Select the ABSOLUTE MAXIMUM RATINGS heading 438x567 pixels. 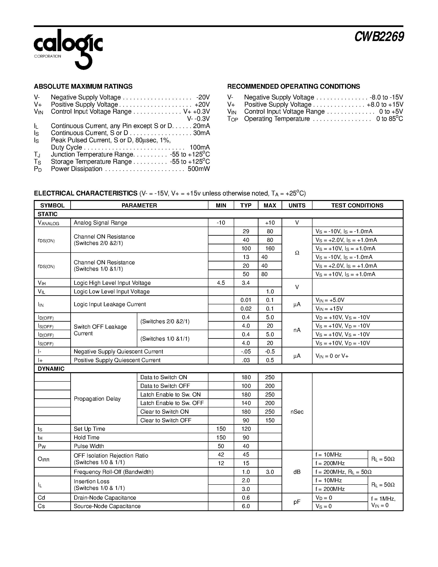pyautogui.click(x=83, y=86)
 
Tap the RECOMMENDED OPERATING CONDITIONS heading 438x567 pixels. pyautogui.click(x=294, y=86)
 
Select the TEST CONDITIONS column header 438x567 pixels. pyautogui.click(x=357, y=205)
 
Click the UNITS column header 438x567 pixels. pyautogui.click(x=297, y=205)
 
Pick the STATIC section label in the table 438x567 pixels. pyautogui.click(x=47, y=214)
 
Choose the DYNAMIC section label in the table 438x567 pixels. pyautogui.click(x=51, y=369)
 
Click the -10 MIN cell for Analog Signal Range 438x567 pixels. pyautogui.click(x=221, y=223)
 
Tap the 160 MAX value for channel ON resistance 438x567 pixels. pyautogui.click(x=270, y=248)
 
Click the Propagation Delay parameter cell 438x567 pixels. pyautogui.click(x=97, y=399)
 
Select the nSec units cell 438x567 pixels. pyautogui.click(x=297, y=412)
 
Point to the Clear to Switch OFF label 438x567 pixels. pyautogui.click(x=166, y=420)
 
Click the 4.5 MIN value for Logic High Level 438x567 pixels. pyautogui.click(x=221, y=283)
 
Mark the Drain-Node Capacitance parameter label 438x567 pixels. pyautogui.click(x=105, y=498)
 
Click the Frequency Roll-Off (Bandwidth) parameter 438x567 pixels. pyautogui.click(x=113, y=472)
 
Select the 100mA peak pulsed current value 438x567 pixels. pyautogui.click(x=200, y=147)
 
